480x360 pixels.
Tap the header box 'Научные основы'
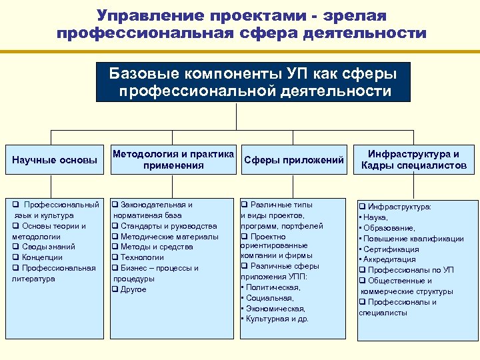pyautogui.click(x=55, y=160)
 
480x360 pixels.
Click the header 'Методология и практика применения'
pyautogui.click(x=173, y=160)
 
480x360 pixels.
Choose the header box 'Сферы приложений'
pyautogui.click(x=294, y=160)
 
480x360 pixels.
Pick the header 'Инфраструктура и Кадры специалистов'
pyautogui.click(x=414, y=160)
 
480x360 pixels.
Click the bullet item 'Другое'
pyautogui.click(x=133, y=289)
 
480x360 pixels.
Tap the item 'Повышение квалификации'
pyautogui.click(x=413, y=238)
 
